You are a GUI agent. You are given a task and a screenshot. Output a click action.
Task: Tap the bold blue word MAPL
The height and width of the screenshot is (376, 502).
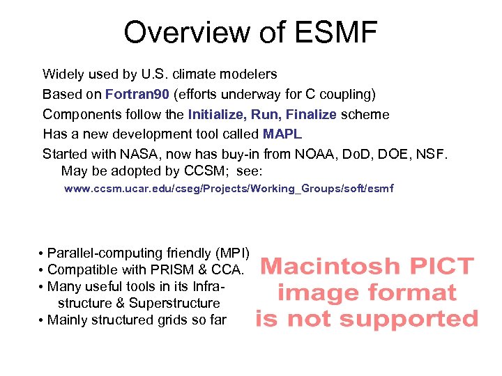[282, 134]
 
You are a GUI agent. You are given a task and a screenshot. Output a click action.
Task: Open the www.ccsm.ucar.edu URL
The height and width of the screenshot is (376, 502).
[229, 189]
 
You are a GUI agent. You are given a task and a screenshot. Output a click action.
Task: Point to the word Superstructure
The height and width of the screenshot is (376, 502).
[174, 304]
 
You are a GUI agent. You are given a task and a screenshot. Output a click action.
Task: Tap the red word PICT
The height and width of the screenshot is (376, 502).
[441, 267]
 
